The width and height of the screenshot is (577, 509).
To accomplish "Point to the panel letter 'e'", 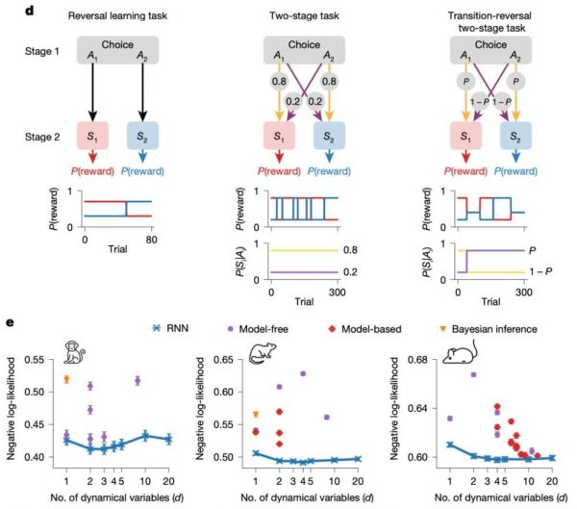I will [8, 326].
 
